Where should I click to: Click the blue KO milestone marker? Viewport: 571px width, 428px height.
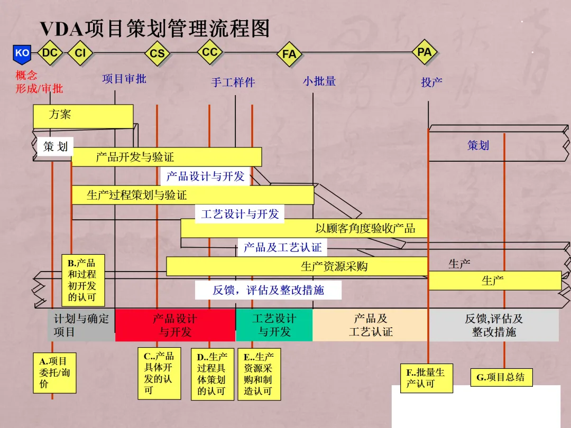(x=22, y=53)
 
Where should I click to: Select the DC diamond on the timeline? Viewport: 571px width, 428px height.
(x=50, y=52)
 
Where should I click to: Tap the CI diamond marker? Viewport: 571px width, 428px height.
(x=80, y=53)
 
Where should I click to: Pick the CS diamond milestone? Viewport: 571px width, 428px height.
(x=157, y=53)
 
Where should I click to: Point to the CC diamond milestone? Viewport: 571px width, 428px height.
(x=210, y=52)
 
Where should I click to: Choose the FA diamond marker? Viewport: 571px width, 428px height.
(x=289, y=54)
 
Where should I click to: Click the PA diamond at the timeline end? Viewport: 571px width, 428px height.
(x=425, y=52)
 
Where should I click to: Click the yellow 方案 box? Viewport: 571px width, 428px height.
(x=83, y=116)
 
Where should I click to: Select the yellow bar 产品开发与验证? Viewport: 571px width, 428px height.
(x=167, y=157)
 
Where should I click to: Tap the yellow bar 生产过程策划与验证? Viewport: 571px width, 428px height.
(x=192, y=195)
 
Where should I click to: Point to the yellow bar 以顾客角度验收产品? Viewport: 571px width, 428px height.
(x=304, y=228)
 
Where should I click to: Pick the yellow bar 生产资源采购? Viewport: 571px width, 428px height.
(x=297, y=266)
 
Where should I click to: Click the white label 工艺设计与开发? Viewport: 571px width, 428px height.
(x=240, y=214)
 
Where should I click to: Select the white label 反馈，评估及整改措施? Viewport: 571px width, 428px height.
(x=268, y=290)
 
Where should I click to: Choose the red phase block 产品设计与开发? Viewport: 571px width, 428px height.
(x=175, y=325)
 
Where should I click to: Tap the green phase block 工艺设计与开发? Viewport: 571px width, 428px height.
(x=274, y=325)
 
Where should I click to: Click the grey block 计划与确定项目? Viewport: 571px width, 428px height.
(x=81, y=325)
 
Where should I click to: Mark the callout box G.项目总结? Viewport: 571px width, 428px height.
(x=501, y=377)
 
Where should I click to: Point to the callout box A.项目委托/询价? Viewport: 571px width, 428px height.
(x=54, y=373)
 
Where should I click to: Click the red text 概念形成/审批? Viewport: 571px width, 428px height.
(x=39, y=82)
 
